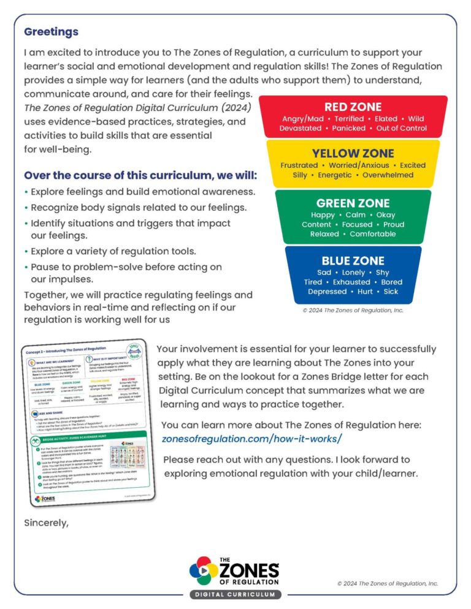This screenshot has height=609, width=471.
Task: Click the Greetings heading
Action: coord(51,31)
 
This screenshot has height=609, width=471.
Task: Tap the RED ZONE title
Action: coord(353,107)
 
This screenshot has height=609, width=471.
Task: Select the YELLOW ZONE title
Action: coord(353,153)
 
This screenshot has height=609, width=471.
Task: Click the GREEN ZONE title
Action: coord(353,203)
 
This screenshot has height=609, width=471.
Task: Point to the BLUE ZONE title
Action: coord(353,260)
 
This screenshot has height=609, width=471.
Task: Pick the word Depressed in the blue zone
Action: coord(327,292)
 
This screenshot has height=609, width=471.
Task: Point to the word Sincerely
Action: coord(46,523)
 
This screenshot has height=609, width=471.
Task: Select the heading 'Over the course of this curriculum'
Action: coord(140,176)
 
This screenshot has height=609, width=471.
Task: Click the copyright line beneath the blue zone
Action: coord(353,311)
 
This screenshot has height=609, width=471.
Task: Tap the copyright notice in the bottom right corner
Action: coord(388,583)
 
